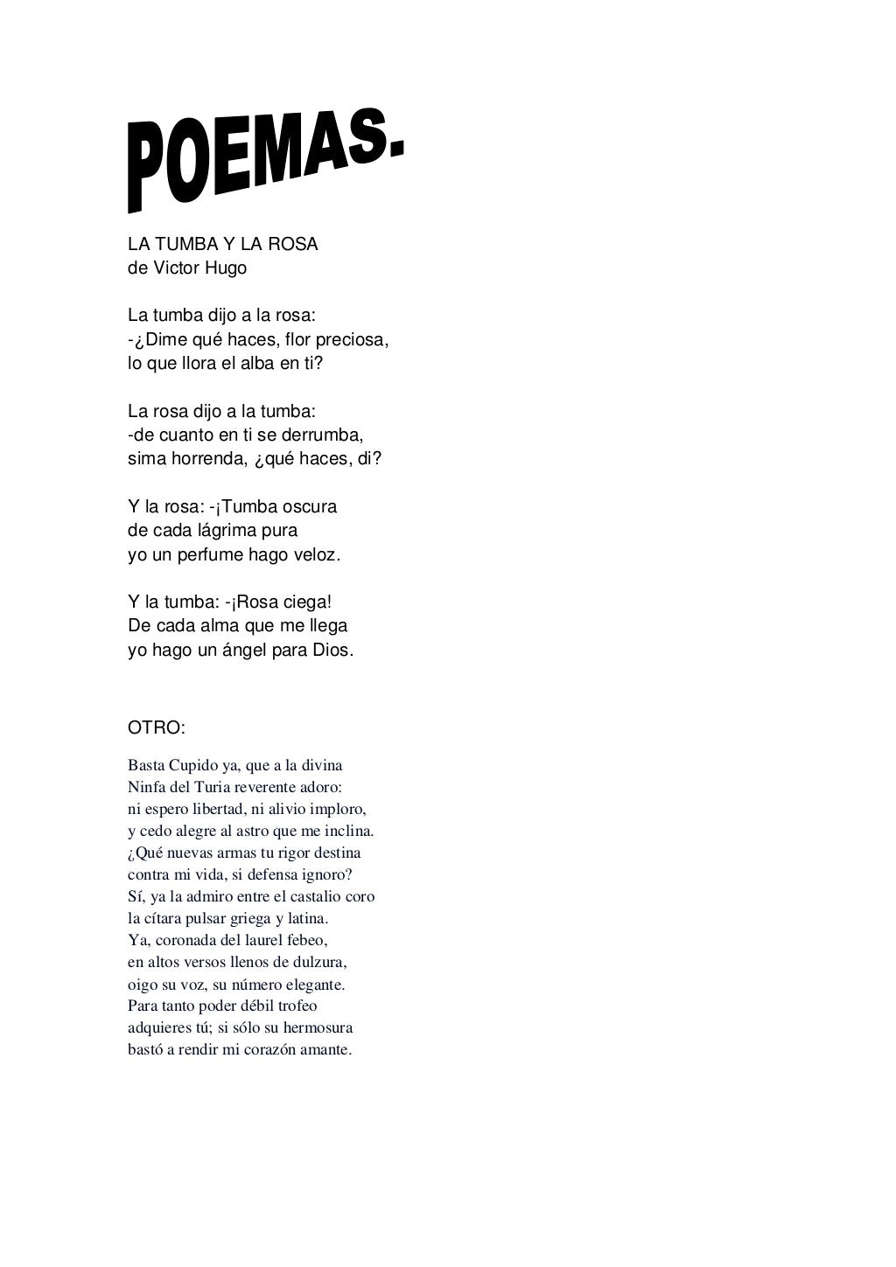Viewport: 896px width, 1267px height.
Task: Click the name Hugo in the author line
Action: coord(226,268)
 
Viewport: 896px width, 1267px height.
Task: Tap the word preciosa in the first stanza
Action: coord(350,339)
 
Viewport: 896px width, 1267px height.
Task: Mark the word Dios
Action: coord(332,651)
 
